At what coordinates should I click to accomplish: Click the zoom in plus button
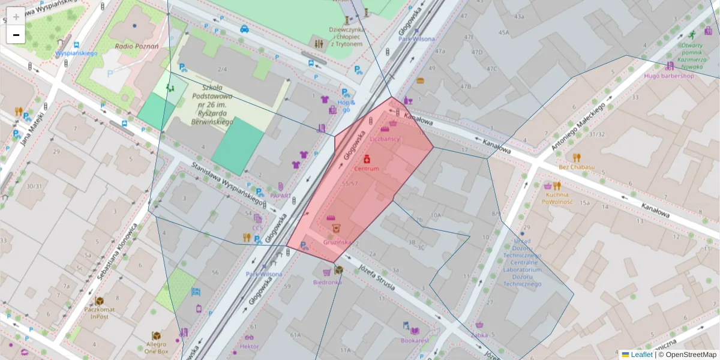point(16,16)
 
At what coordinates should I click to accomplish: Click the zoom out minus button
point(16,35)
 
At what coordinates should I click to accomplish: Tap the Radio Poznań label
point(137,46)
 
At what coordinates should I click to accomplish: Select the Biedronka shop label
point(328,282)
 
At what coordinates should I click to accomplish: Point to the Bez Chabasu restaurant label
point(576,167)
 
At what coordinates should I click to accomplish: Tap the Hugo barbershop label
point(669,76)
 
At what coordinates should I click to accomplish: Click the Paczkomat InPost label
point(100,313)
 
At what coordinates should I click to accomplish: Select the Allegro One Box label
point(157,348)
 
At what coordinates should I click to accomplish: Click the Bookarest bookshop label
point(415,340)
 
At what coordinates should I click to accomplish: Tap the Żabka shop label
point(479,335)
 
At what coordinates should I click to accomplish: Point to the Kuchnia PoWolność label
point(557,198)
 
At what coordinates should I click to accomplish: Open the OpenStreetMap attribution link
point(691,355)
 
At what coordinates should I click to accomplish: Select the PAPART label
point(280,196)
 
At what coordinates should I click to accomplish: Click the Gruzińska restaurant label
point(337,242)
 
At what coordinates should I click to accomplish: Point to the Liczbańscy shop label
point(385,139)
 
